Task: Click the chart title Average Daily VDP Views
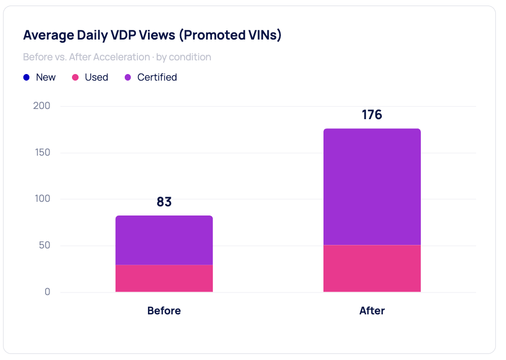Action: tap(152, 35)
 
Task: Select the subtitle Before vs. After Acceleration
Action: tap(117, 57)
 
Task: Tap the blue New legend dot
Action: tap(27, 78)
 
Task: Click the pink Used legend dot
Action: tap(76, 78)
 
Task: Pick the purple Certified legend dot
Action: tap(128, 78)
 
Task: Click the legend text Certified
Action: tap(157, 78)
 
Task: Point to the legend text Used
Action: tap(96, 78)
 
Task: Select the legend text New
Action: tap(46, 78)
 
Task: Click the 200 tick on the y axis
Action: tap(41, 106)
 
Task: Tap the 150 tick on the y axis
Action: tap(42, 153)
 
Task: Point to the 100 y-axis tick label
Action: tap(42, 199)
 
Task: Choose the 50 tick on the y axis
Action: tap(44, 245)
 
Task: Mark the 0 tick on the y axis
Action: tap(47, 292)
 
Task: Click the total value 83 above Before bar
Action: tap(164, 202)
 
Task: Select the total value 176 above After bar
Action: tap(372, 115)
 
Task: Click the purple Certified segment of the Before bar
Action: tap(164, 240)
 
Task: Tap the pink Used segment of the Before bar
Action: tap(164, 278)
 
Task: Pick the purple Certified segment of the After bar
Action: tap(372, 187)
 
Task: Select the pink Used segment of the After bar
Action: tap(372, 269)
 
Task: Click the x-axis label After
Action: tap(372, 311)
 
